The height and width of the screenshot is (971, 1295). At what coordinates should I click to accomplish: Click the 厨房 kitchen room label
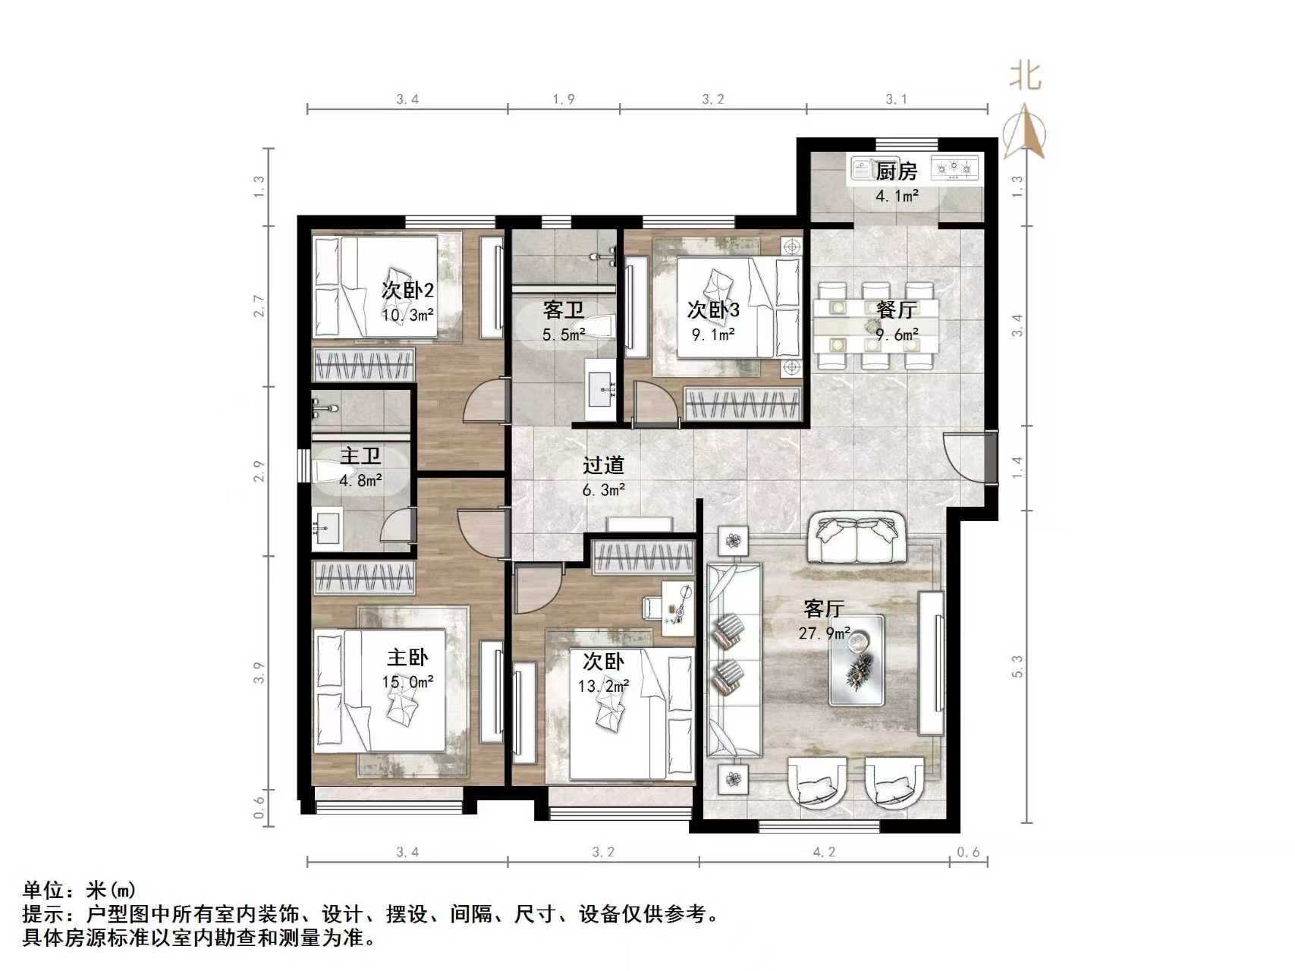pyautogui.click(x=896, y=171)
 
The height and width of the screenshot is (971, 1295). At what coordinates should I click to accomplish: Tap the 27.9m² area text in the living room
pyautogui.click(x=823, y=633)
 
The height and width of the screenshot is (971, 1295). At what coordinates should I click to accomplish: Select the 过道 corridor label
pyautogui.click(x=603, y=464)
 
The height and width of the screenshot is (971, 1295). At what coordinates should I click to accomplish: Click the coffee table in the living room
pyautogui.click(x=857, y=660)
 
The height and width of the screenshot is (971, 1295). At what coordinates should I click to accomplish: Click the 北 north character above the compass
pyautogui.click(x=1025, y=76)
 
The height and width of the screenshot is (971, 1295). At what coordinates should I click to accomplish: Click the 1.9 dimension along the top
pyautogui.click(x=564, y=99)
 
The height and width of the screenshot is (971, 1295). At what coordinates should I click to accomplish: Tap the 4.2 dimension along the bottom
pyautogui.click(x=824, y=852)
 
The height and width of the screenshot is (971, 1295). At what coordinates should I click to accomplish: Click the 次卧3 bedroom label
pyautogui.click(x=713, y=310)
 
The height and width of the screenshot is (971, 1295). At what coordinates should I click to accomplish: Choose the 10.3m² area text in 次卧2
pyautogui.click(x=407, y=314)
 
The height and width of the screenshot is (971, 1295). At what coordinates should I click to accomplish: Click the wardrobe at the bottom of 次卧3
pyautogui.click(x=742, y=403)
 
